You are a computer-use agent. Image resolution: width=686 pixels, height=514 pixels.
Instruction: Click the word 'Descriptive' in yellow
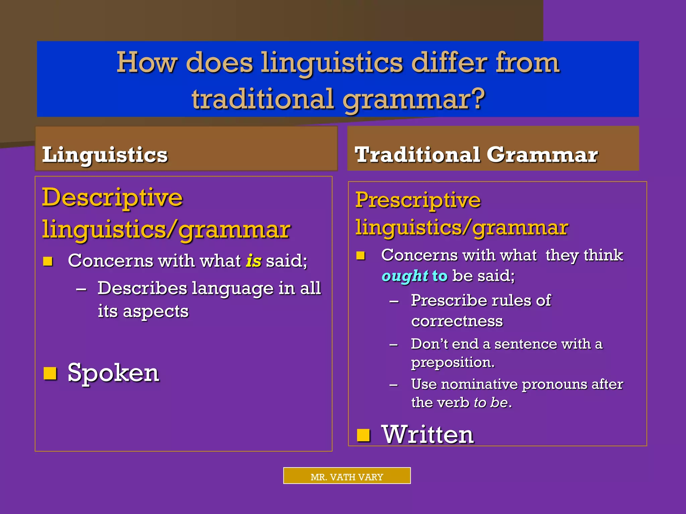click(x=112, y=198)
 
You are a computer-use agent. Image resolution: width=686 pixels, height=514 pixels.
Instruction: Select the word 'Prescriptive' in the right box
click(x=418, y=200)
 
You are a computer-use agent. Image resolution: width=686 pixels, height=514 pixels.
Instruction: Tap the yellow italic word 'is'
click(x=254, y=261)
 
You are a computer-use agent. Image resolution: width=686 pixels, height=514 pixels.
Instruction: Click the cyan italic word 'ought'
click(x=405, y=276)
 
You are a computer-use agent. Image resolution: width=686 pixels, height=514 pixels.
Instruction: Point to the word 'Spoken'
click(x=113, y=373)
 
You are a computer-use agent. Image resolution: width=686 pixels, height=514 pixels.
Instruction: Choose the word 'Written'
click(x=428, y=435)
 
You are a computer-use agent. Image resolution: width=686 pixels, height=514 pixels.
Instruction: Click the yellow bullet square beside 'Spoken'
click(x=50, y=373)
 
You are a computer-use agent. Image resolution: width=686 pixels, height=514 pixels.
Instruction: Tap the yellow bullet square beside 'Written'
click(x=363, y=435)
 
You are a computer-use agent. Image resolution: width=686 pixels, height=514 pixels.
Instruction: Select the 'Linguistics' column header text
click(x=105, y=155)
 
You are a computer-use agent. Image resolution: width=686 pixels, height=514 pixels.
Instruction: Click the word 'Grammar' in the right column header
click(x=542, y=155)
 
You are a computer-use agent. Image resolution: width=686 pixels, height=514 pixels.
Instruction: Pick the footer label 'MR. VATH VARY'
click(x=347, y=477)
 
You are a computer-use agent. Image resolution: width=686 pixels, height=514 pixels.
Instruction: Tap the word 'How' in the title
click(x=146, y=63)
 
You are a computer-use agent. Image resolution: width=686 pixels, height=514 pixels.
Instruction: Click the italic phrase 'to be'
click(x=491, y=403)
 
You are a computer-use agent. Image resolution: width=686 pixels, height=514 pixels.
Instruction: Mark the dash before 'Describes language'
click(x=81, y=289)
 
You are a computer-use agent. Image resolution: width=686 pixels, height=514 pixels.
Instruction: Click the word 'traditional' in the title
click(x=263, y=99)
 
